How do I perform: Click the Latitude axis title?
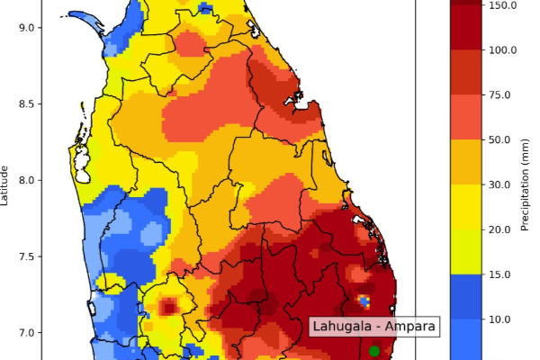coord(5,184)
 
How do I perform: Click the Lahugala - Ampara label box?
coord(374,327)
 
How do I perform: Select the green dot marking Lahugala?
coord(374,350)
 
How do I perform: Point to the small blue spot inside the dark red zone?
coord(364,301)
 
